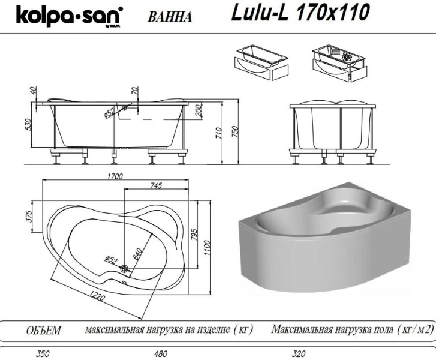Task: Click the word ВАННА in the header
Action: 169,16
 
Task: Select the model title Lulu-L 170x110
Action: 299,11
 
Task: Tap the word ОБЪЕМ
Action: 44,331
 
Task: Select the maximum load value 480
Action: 160,354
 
